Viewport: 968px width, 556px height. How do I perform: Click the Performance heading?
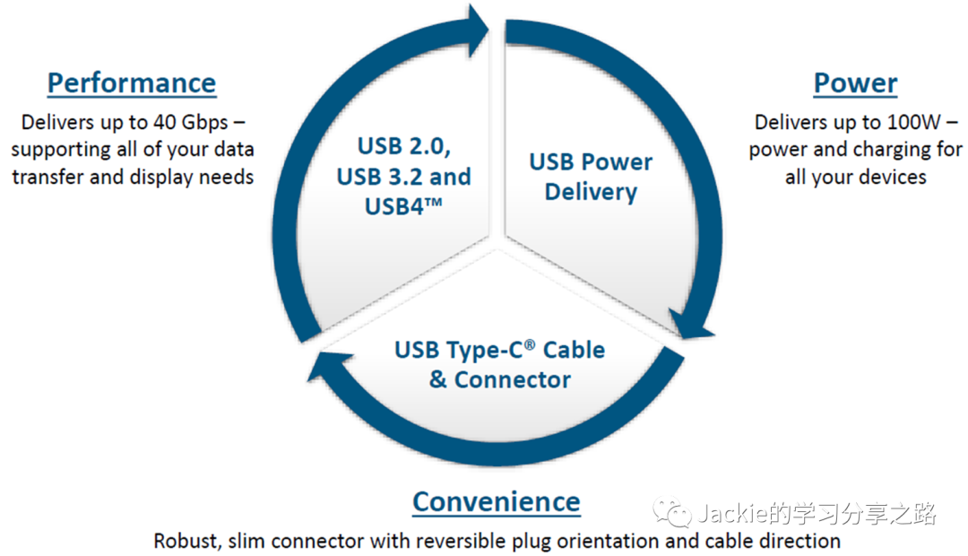132,83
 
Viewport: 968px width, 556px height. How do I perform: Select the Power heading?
855,83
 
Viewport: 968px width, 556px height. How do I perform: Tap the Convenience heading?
496,501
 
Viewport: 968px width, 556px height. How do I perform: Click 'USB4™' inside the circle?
403,205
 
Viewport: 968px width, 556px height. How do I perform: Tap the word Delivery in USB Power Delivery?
591,192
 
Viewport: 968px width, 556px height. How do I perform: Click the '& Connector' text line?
499,379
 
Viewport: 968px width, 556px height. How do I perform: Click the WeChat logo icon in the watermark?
671,514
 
